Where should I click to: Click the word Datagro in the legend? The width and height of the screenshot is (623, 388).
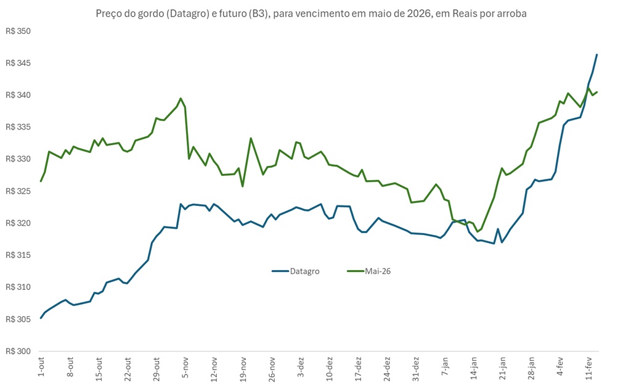(304, 271)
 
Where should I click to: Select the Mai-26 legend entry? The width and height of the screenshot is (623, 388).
(378, 271)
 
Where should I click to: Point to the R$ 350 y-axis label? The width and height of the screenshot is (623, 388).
(18, 31)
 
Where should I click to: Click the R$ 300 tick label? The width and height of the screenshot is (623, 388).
(18, 351)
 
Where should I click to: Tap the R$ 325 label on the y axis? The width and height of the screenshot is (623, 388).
(18, 191)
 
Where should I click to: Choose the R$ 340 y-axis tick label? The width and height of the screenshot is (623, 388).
(18, 95)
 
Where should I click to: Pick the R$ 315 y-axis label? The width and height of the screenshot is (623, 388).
(18, 255)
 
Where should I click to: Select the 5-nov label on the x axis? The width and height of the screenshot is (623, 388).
(185, 368)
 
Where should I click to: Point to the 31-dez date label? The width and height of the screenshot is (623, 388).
(417, 369)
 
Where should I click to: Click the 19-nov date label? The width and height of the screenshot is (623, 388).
(243, 369)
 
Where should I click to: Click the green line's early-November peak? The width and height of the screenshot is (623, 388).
(181, 98)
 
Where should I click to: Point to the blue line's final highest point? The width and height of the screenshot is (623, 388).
(597, 54)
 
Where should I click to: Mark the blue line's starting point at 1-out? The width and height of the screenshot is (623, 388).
(41, 318)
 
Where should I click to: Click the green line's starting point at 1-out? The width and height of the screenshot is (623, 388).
(41, 181)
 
